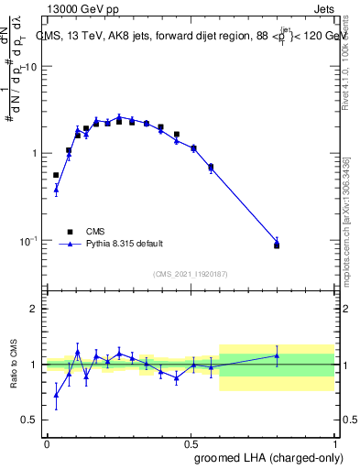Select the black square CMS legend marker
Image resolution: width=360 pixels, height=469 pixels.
tap(69, 232)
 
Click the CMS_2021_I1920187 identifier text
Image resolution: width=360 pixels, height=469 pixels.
tap(191, 274)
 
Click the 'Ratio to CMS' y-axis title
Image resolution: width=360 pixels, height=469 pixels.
tap(13, 364)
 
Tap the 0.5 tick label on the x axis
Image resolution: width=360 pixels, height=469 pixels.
tap(191, 442)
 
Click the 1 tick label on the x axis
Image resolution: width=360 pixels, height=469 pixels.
tap(336, 442)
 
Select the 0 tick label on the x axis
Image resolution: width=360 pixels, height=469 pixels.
tap(47, 442)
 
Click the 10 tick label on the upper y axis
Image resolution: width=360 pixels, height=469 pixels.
tap(32, 67)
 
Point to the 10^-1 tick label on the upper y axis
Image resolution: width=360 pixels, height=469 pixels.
tap(30, 241)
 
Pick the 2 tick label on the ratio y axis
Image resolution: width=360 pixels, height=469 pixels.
tap(36, 309)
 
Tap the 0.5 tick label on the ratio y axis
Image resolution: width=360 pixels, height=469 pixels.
tap(32, 420)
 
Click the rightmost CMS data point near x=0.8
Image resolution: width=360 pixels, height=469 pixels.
tap(277, 245)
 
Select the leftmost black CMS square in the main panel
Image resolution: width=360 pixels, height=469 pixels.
tap(56, 174)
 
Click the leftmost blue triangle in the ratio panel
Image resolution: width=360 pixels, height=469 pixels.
tap(56, 396)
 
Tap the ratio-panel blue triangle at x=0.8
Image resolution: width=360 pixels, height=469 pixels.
tap(277, 355)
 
